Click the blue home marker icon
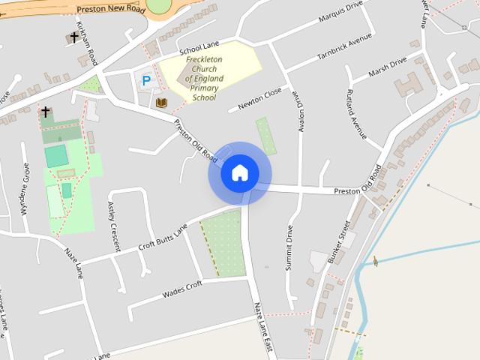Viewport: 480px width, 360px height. pos(240,173)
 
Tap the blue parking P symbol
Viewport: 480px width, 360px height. pos(145,79)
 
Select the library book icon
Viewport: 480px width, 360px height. pos(161,102)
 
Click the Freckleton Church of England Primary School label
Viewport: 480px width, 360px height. pos(205,77)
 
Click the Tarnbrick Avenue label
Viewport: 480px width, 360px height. pos(344,46)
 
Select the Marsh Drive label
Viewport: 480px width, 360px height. pos(388,67)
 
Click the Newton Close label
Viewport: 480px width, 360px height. pos(259,99)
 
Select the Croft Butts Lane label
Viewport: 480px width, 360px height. pos(163,238)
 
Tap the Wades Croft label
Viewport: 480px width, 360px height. pos(182,290)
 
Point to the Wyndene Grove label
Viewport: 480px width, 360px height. pos(25,196)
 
